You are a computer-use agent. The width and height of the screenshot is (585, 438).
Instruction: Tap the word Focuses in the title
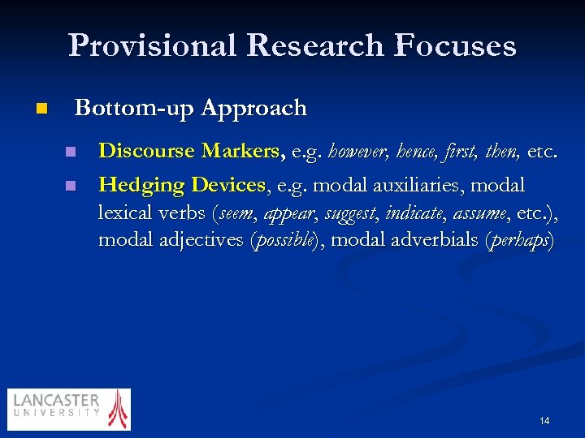pyautogui.click(x=455, y=45)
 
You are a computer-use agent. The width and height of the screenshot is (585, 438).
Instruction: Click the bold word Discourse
pyautogui.click(x=146, y=151)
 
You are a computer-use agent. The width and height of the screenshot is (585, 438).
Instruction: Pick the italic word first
pyautogui.click(x=464, y=151)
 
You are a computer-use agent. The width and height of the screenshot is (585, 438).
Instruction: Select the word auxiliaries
pyautogui.click(x=418, y=185)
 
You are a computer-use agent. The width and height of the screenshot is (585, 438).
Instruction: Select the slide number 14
pyautogui.click(x=544, y=420)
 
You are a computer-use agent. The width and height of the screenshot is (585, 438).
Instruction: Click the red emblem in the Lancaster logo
pyautogui.click(x=119, y=408)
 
